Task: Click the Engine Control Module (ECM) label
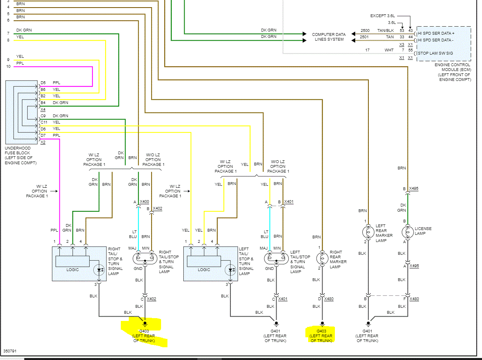click(x=452, y=72)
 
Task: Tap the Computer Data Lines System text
click(x=328, y=37)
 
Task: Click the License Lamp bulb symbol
click(x=407, y=232)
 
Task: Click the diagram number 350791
click(x=10, y=352)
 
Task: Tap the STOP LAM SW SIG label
click(x=435, y=53)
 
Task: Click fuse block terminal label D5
click(x=43, y=83)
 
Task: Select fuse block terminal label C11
click(x=44, y=122)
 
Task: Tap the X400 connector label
click(x=145, y=202)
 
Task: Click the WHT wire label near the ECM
click(x=389, y=50)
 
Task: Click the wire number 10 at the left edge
click(x=8, y=66)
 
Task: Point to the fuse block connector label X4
click(x=43, y=109)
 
